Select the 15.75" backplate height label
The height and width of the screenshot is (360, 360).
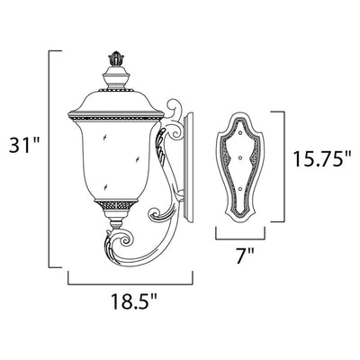pyautogui.click(x=321, y=158)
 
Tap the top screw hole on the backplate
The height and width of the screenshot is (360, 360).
pyautogui.click(x=240, y=132)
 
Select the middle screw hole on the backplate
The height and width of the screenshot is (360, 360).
pyautogui.click(x=240, y=157)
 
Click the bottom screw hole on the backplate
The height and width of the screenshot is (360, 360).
pyautogui.click(x=240, y=189)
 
